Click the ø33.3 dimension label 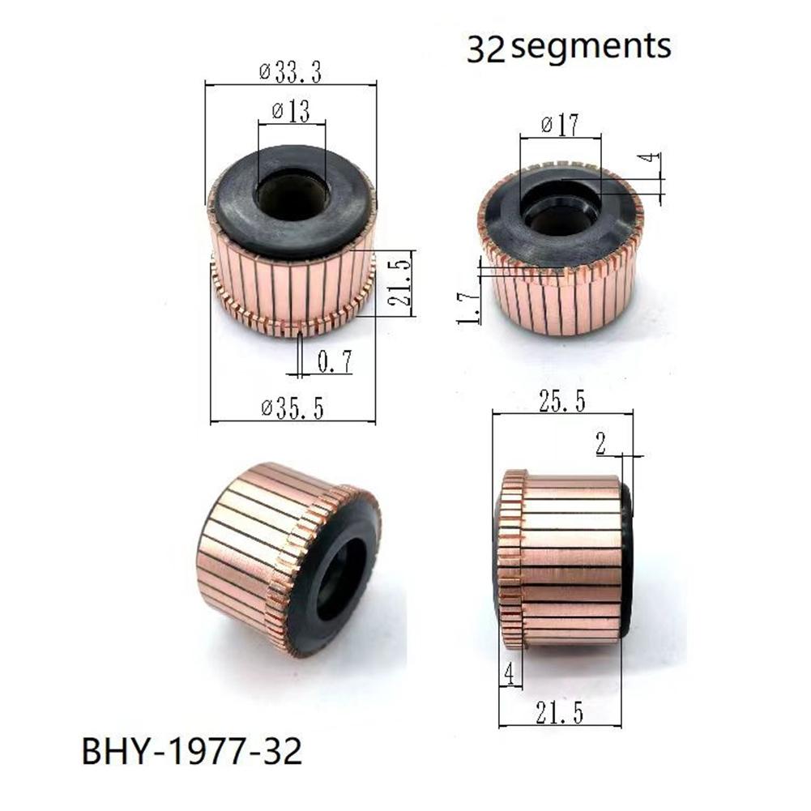[x=291, y=73]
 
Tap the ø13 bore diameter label [x=291, y=112]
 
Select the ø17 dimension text [x=560, y=126]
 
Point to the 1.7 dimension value [x=470, y=308]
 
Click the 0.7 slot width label [x=333, y=363]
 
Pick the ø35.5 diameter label [x=292, y=409]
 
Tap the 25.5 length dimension [x=562, y=401]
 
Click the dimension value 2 [x=600, y=443]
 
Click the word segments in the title [x=592, y=47]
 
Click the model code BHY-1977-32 [x=192, y=752]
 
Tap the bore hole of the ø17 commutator [x=560, y=209]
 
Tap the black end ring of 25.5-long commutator [x=626, y=559]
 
